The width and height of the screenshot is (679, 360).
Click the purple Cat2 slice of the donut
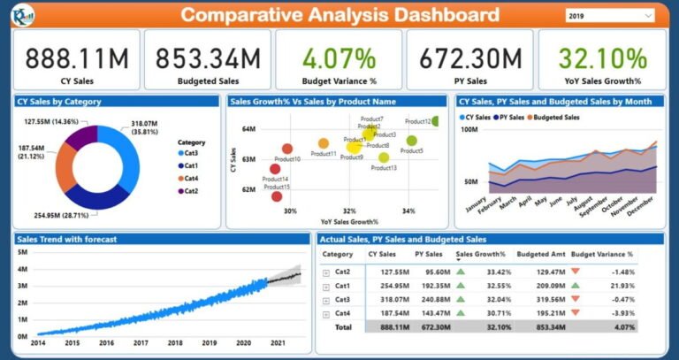81,138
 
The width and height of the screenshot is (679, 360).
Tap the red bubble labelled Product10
287,149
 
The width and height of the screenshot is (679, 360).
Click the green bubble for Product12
436,121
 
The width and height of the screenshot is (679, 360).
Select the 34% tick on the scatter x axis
408,211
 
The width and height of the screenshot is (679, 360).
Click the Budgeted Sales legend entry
554,117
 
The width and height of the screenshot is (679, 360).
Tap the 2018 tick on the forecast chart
175,342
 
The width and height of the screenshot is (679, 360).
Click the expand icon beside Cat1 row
327,287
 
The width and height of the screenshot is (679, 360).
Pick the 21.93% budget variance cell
620,286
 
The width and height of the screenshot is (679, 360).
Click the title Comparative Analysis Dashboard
339,15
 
